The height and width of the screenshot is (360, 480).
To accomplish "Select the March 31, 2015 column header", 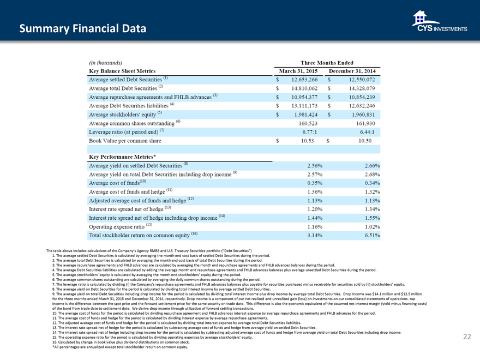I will pyautogui.click(x=299, y=71).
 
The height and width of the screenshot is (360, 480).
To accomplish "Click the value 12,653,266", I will pyautogui.click(x=302, y=80).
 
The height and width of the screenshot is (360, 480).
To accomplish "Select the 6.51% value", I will pyautogui.click(x=369, y=235).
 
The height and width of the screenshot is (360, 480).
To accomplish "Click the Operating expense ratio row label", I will pyautogui.click(x=120, y=226).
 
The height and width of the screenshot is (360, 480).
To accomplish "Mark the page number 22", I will pyautogui.click(x=467, y=337).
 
